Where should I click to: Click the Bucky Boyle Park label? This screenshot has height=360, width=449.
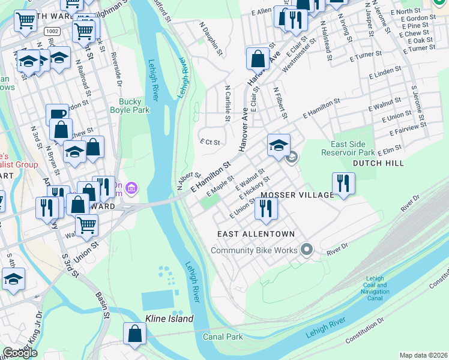(130, 106)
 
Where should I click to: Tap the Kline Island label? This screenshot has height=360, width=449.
(169, 319)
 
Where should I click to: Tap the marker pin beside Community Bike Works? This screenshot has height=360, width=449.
(307, 248)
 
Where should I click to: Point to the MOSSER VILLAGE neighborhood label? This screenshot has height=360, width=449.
(297, 195)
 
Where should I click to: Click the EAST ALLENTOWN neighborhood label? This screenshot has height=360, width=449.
(256, 233)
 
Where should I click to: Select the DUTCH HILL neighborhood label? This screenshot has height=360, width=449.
(378, 163)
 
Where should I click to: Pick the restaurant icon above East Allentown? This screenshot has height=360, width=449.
(265, 208)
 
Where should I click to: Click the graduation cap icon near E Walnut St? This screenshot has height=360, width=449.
(279, 145)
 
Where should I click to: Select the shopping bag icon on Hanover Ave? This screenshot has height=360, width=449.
(258, 59)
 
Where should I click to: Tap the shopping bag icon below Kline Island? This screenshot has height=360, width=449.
(135, 334)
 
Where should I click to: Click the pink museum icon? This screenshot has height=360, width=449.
(132, 190)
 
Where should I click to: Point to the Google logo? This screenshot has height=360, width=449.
(20, 353)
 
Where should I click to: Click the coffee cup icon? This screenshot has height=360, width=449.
(58, 114)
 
